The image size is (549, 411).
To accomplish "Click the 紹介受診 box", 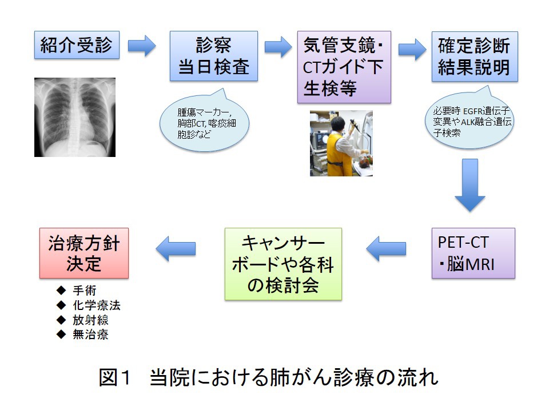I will [x=77, y=45].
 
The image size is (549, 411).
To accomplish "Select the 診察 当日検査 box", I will [x=214, y=56].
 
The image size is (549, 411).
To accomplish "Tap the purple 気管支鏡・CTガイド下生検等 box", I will [x=344, y=67].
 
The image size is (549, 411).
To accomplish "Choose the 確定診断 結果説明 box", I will [x=474, y=56].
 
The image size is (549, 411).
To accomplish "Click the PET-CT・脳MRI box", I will [x=473, y=253].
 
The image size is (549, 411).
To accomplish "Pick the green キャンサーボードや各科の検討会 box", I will [x=283, y=264].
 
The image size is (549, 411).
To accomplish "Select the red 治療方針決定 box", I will [x=84, y=253].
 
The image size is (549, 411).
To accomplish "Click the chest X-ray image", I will [x=74, y=117].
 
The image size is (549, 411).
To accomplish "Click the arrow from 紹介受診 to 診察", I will [x=142, y=46].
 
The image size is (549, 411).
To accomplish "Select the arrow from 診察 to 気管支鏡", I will [x=278, y=47].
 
